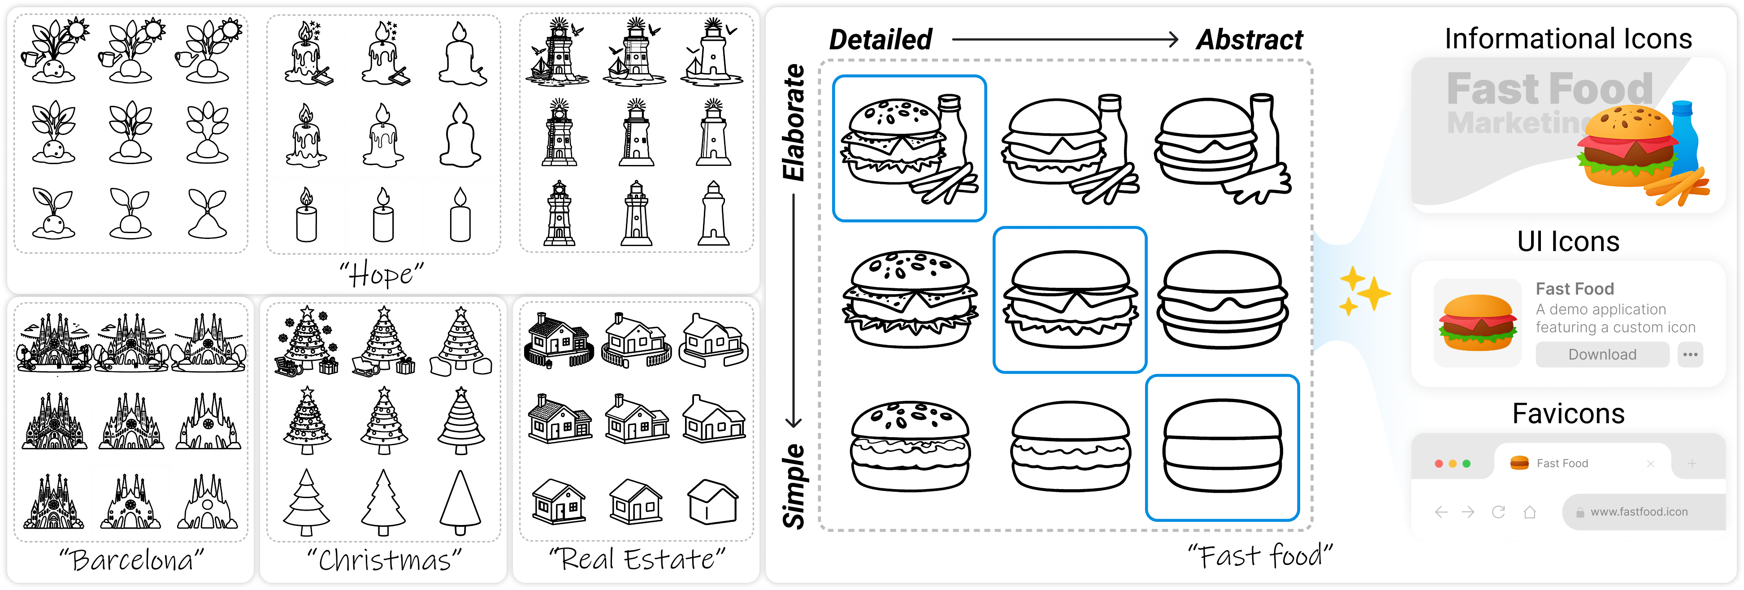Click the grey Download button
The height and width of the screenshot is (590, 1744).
pyautogui.click(x=1602, y=354)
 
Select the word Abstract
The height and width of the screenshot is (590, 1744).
pyautogui.click(x=1249, y=40)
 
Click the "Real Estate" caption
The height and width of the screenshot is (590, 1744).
pyautogui.click(x=636, y=559)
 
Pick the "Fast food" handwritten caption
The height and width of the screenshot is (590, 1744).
pyautogui.click(x=1259, y=556)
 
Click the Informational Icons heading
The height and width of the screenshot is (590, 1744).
pyautogui.click(x=1568, y=39)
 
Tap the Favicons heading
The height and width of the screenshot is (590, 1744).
pyautogui.click(x=1568, y=413)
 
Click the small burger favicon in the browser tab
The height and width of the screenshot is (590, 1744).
pyautogui.click(x=1519, y=463)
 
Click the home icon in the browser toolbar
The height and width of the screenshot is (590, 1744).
pyautogui.click(x=1529, y=512)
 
